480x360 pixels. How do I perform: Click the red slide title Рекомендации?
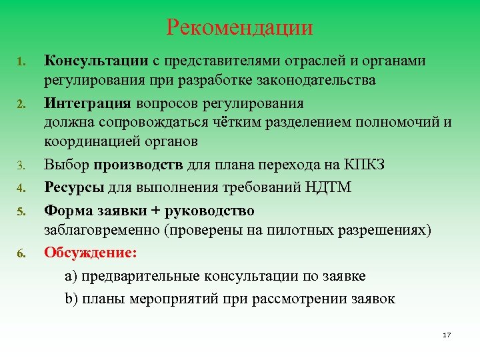(x=240, y=28)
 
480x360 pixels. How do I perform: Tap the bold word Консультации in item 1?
(x=96, y=61)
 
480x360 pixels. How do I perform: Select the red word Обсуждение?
(x=90, y=253)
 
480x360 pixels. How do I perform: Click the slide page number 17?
(x=446, y=334)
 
